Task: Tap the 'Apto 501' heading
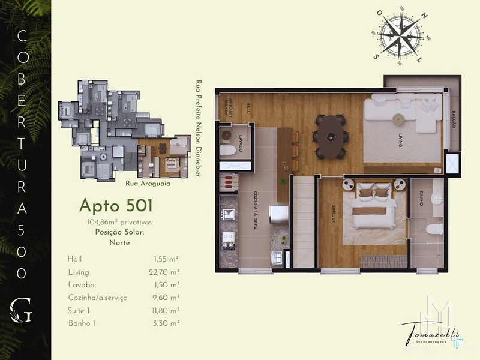[116, 206]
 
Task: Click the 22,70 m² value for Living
[166, 272]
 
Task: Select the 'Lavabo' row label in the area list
[82, 284]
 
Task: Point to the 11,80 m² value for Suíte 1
[166, 310]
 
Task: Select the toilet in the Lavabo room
[229, 149]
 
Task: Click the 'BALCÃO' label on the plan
[454, 120]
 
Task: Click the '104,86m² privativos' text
[119, 222]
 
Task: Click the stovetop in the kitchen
[229, 238]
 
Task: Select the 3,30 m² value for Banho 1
[166, 323]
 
